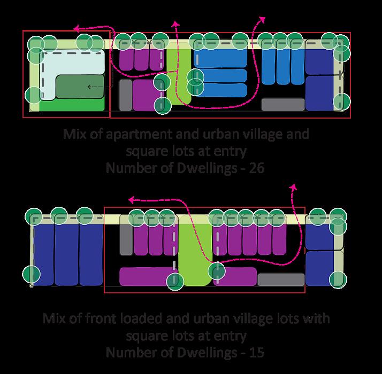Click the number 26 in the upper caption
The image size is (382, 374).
257,168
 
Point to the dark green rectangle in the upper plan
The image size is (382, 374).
80,86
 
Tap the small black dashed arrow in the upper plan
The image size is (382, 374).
94,86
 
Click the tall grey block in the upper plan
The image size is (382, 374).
125,95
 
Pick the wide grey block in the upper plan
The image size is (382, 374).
282,104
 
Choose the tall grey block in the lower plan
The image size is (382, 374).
126,236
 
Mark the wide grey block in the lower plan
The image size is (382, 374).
281,279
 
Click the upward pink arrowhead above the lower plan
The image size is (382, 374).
293,186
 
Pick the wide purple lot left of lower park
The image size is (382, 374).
142,276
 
